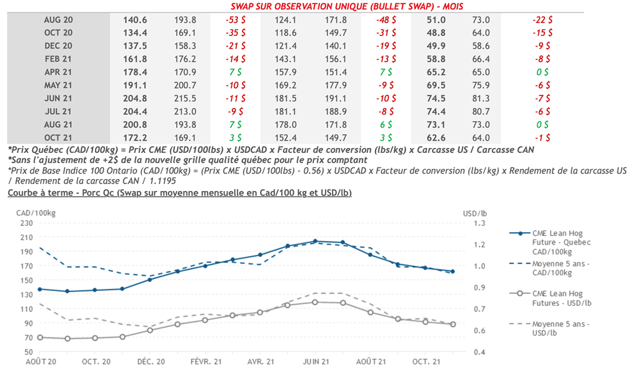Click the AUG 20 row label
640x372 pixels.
pos(58,20)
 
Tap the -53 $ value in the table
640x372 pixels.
pos(235,20)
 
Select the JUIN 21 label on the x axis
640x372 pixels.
pos(316,361)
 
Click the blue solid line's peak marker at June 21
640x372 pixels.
pos(316,241)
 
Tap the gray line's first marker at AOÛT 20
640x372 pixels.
pos(40,337)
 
